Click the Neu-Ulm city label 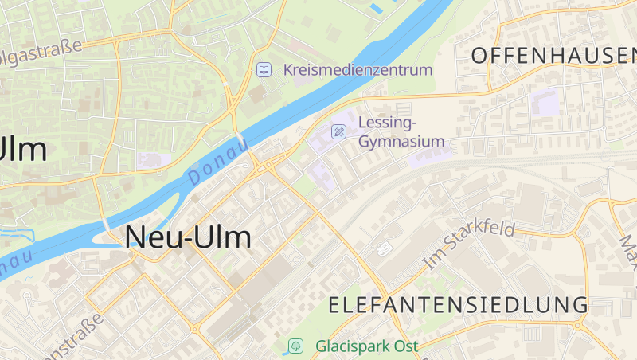pos(188,237)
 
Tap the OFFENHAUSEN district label pos(553,55)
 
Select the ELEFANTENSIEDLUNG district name pos(459,304)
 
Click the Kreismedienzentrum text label pos(358,70)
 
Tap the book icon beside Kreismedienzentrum pos(263,70)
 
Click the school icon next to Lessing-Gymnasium pos(338,131)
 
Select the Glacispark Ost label pos(366,346)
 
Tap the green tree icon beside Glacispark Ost pos(295,346)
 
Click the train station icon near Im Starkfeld pos(385,249)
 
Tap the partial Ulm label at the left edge pos(24,148)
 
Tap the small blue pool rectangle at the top pos(377,9)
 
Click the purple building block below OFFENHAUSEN pos(545,102)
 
